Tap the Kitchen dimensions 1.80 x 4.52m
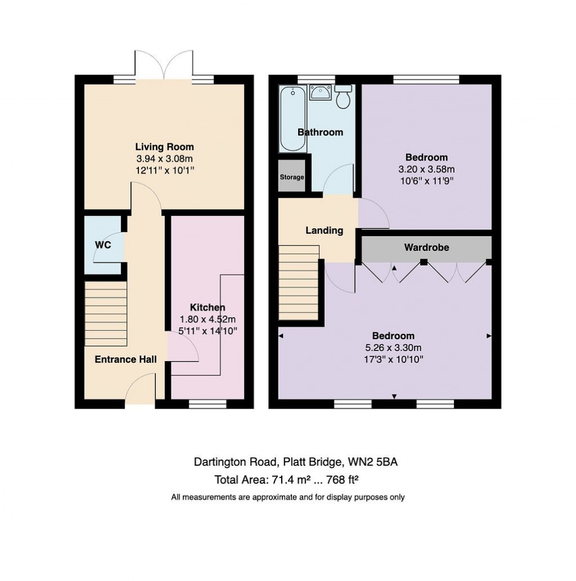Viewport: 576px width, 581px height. [x=207, y=319]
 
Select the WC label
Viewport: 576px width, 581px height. [x=103, y=245]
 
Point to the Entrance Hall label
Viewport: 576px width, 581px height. [x=125, y=359]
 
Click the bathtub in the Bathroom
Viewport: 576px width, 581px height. [x=293, y=119]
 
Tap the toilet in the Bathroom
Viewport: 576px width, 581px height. [x=342, y=97]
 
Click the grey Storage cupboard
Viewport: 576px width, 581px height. [x=292, y=177]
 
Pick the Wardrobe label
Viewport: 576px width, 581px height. [x=426, y=248]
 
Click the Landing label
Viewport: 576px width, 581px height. [x=324, y=231]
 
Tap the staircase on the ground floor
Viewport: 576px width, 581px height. [x=106, y=314]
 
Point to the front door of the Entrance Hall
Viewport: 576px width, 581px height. [x=140, y=393]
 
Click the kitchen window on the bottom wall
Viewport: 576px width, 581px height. [x=207, y=404]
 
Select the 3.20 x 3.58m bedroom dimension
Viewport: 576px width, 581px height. [x=426, y=169]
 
